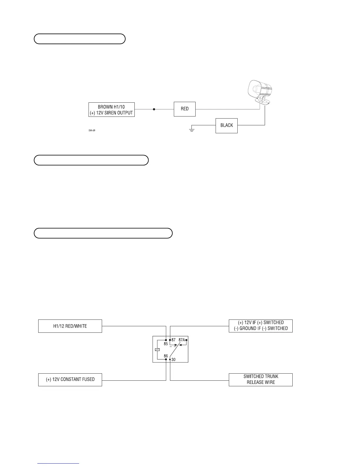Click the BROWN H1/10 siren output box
(x=111, y=109)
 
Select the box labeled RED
(x=185, y=109)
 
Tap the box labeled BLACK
(x=226, y=126)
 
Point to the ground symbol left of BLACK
(x=191, y=129)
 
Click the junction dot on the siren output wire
(x=154, y=109)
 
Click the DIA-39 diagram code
(x=92, y=130)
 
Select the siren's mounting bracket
(x=264, y=101)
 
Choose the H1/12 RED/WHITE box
(x=70, y=326)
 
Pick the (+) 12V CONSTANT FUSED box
(x=70, y=380)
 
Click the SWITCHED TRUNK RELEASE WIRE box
(x=261, y=380)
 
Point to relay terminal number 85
(x=166, y=344)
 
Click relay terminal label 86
(x=166, y=356)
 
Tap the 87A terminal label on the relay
(x=182, y=340)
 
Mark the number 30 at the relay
(x=174, y=360)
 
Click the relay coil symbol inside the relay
(x=157, y=349)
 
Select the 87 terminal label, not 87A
(x=174, y=340)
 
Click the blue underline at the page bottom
(x=58, y=464)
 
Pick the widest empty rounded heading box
(x=103, y=233)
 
